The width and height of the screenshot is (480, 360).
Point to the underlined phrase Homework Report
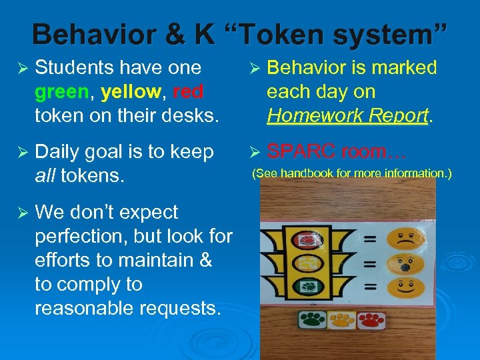[x=347, y=115]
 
